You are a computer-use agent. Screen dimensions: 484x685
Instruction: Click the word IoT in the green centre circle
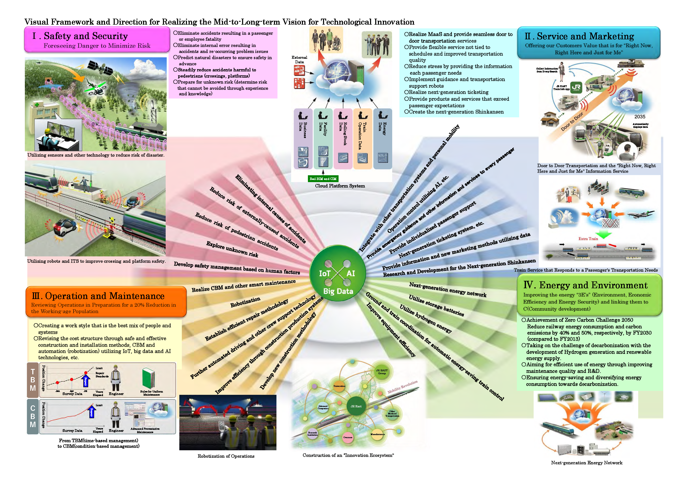[x=325, y=274]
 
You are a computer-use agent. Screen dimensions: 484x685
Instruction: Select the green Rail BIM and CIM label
[x=323, y=179]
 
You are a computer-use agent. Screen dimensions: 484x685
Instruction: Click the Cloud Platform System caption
[x=340, y=186]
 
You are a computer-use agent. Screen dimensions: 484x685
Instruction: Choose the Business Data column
[x=303, y=139]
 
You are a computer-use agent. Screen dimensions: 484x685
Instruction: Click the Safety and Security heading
[x=86, y=36]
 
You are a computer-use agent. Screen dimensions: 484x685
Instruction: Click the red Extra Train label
[x=588, y=239]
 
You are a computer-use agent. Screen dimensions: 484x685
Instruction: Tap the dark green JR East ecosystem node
[x=356, y=406]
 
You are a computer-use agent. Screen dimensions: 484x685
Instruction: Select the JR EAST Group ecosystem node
[x=382, y=372]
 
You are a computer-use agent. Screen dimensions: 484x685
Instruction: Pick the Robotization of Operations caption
[x=226, y=456]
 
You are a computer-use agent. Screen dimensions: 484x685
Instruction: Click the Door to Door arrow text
[x=572, y=122]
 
